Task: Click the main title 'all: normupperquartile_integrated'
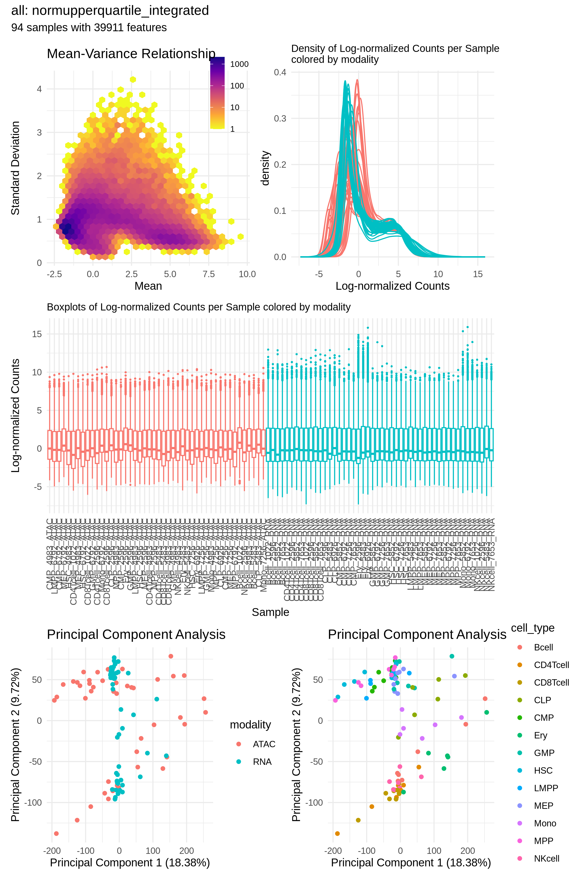pos(110,11)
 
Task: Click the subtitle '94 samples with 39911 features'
pos(89,28)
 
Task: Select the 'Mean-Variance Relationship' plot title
pos(131,54)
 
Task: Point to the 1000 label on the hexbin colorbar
pos(239,64)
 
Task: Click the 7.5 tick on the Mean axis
pos(209,274)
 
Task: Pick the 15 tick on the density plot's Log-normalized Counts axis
pos(478,274)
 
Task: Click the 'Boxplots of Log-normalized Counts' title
pos(199,307)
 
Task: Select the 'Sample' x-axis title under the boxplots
pos(270,612)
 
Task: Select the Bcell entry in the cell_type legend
pos(543,647)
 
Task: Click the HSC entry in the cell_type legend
pos(543,771)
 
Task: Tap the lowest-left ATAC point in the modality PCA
pos(56,834)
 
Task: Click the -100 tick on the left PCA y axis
pos(33,803)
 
